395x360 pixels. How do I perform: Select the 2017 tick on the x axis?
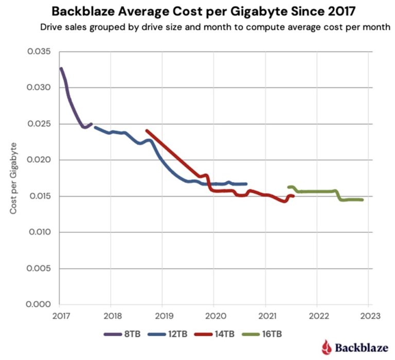point(60,315)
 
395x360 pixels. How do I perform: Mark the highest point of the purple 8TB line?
point(61,68)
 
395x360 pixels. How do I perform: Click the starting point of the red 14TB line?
point(147,131)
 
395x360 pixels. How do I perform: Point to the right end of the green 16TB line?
point(363,200)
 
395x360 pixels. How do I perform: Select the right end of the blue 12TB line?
point(246,184)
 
